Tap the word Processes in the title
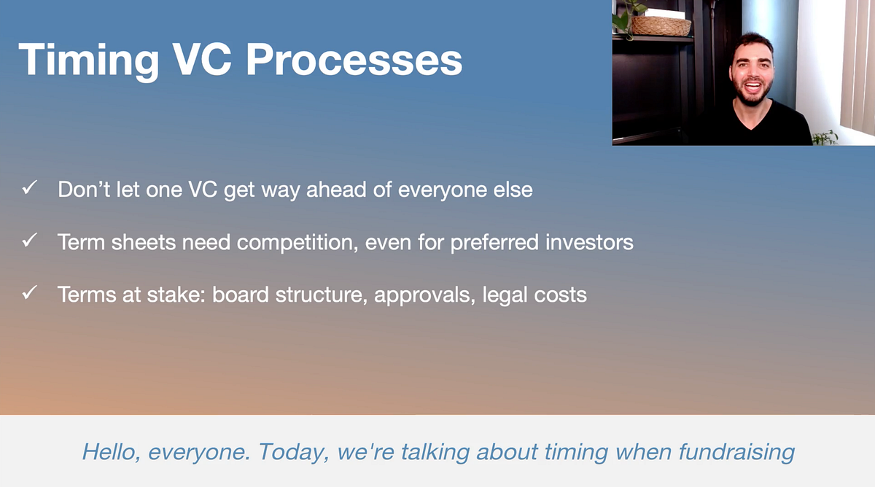tap(354, 59)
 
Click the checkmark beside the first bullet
tap(29, 190)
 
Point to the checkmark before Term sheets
tap(29, 241)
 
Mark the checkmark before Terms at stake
tap(29, 294)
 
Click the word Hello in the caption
tap(111, 451)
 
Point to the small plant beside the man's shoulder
tap(825, 137)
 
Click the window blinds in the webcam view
tap(857, 66)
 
